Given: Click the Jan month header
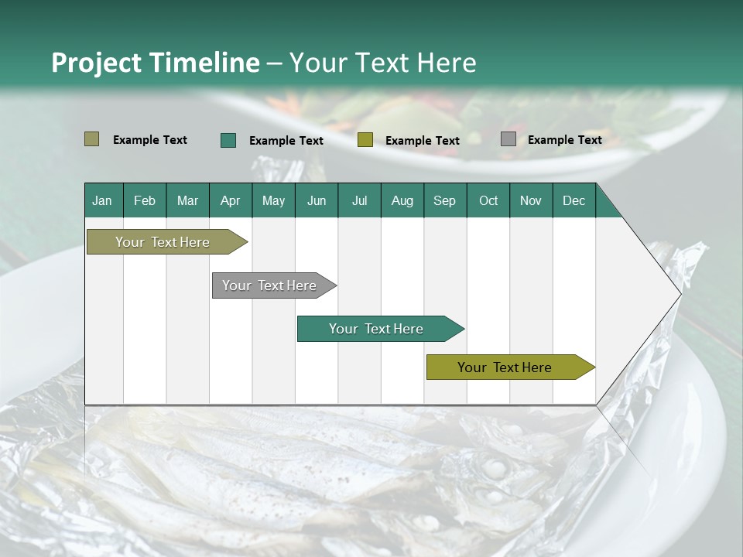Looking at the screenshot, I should [103, 200].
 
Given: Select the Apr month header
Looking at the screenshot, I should [231, 200].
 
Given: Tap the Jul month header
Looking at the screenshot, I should [359, 200].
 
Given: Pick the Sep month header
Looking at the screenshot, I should [445, 200].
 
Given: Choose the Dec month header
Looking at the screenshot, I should [574, 200].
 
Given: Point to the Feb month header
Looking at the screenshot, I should [145, 200].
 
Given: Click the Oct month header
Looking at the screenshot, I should [488, 200].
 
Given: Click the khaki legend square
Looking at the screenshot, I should [91, 139].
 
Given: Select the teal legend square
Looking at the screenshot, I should [228, 140].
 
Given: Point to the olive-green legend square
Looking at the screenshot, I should [365, 140].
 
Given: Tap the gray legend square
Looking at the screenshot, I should [508, 139].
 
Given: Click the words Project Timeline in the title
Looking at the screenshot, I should [155, 63].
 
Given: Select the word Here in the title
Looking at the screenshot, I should [447, 63].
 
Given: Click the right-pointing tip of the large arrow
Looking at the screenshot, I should [679, 293].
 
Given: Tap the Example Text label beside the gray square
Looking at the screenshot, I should [564, 140].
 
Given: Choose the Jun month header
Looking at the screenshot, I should [317, 200].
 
